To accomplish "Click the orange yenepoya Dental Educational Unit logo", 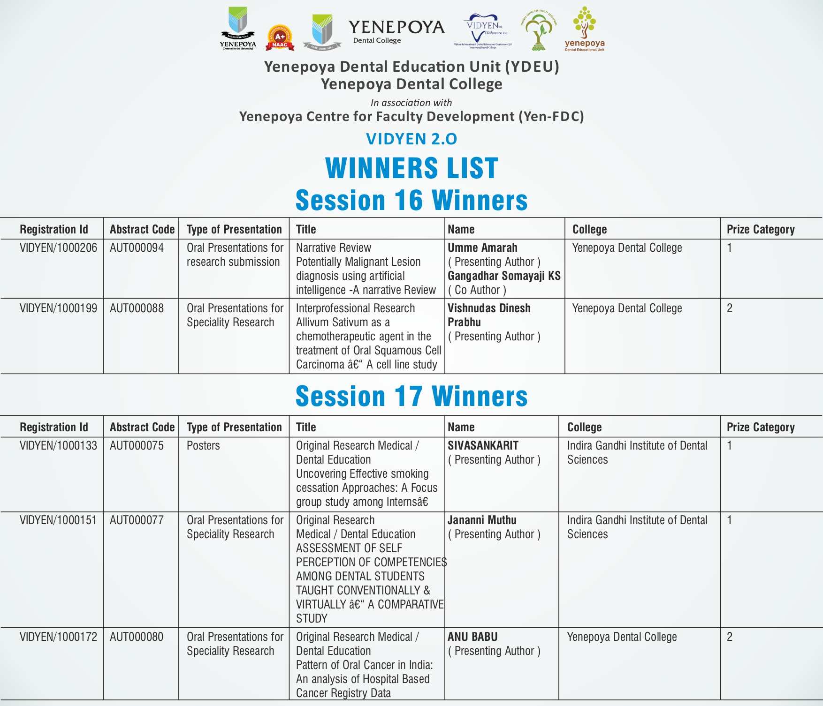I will pyautogui.click(x=585, y=29).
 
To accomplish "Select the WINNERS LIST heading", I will pyautogui.click(x=411, y=168).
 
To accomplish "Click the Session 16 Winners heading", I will pyautogui.click(x=411, y=200).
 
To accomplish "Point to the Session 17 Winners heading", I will pyautogui.click(x=411, y=396).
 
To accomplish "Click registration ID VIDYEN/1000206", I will pyautogui.click(x=58, y=248).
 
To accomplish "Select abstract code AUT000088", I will pyautogui.click(x=137, y=308).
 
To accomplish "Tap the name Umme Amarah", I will pyautogui.click(x=482, y=248).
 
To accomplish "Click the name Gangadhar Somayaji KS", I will pyautogui.click(x=504, y=276).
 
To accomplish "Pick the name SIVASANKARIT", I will pyautogui.click(x=483, y=446).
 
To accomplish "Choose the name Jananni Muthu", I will pyautogui.click(x=482, y=520).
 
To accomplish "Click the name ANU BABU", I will pyautogui.click(x=472, y=637).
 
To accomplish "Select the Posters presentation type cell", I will pyautogui.click(x=203, y=446).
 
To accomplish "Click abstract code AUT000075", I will pyautogui.click(x=137, y=446).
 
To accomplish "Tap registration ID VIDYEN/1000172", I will pyautogui.click(x=58, y=637).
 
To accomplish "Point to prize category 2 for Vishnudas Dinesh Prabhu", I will pyautogui.click(x=730, y=308).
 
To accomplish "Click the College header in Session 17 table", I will pyautogui.click(x=584, y=427).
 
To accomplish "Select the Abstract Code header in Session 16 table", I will pyautogui.click(x=142, y=229).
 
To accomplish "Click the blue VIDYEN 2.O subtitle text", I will pyautogui.click(x=411, y=139).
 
